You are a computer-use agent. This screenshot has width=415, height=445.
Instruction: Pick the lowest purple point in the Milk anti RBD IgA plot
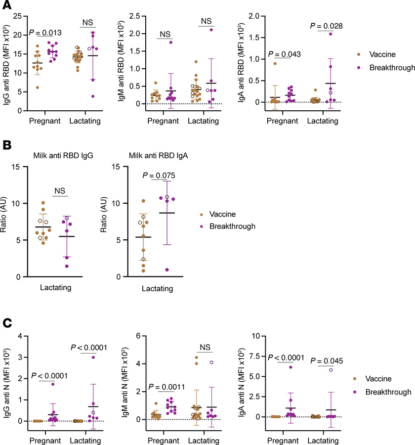166,270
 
